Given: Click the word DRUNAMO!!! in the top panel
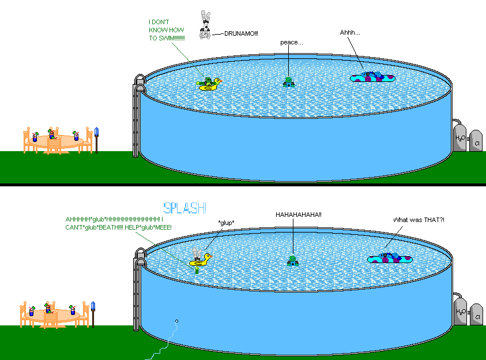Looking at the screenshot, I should (x=241, y=33).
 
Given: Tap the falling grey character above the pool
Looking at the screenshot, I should (x=205, y=25).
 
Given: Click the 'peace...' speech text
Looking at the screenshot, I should (x=291, y=42).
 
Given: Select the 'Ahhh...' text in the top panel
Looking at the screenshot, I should (x=349, y=32).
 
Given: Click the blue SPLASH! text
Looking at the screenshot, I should (x=185, y=208).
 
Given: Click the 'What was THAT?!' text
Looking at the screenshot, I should (x=419, y=220).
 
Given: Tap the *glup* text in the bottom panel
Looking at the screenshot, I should (x=227, y=223).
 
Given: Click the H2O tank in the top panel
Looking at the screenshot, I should (x=459, y=137).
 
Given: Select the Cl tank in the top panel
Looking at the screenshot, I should (x=476, y=141).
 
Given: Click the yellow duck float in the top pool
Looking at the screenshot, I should (x=210, y=84).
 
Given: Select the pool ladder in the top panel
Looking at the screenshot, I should (x=137, y=115).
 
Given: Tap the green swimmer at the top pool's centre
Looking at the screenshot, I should (x=289, y=82).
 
